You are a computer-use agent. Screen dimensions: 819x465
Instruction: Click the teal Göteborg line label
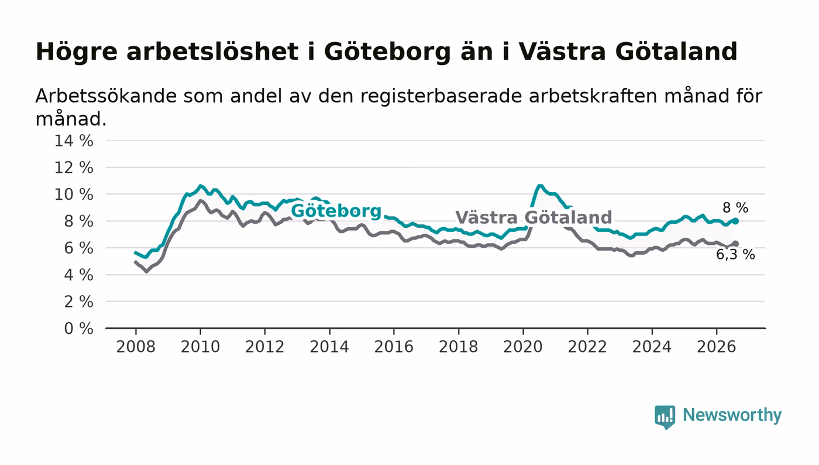[336, 211]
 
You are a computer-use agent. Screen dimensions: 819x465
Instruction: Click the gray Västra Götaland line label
[534, 217]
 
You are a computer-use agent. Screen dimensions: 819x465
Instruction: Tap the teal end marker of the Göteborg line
[736, 221]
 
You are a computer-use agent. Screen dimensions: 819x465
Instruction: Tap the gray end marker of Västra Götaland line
[736, 244]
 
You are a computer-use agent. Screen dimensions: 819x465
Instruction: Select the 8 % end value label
[735, 208]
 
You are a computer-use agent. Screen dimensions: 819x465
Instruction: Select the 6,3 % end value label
[735, 255]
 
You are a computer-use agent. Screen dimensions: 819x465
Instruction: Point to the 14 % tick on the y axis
[74, 141]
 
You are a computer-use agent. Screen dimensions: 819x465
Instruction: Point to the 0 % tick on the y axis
[78, 329]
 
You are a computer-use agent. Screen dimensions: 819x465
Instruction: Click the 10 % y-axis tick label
[74, 195]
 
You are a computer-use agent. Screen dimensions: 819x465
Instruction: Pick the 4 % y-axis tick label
[78, 275]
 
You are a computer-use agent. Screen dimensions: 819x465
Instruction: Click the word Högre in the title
[77, 52]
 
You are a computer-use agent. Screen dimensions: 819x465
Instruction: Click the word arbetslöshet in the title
[212, 52]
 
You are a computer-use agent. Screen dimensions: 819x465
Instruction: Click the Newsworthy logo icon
[665, 416]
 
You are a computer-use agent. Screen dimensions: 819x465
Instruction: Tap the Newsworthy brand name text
[732, 415]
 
